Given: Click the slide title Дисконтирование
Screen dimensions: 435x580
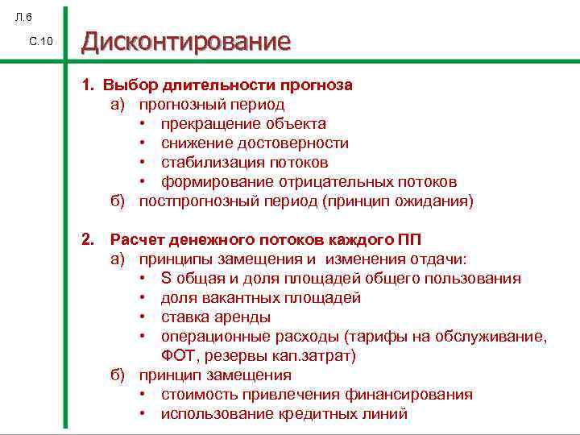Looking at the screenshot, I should pos(185,42).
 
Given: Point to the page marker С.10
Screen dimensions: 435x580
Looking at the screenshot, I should pos(39,42).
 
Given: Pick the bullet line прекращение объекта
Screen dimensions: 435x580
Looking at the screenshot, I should pos(243,123).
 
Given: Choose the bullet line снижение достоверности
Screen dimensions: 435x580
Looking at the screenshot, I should pos(255,143).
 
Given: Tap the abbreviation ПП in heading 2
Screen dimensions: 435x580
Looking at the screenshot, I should pos(410,239).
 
